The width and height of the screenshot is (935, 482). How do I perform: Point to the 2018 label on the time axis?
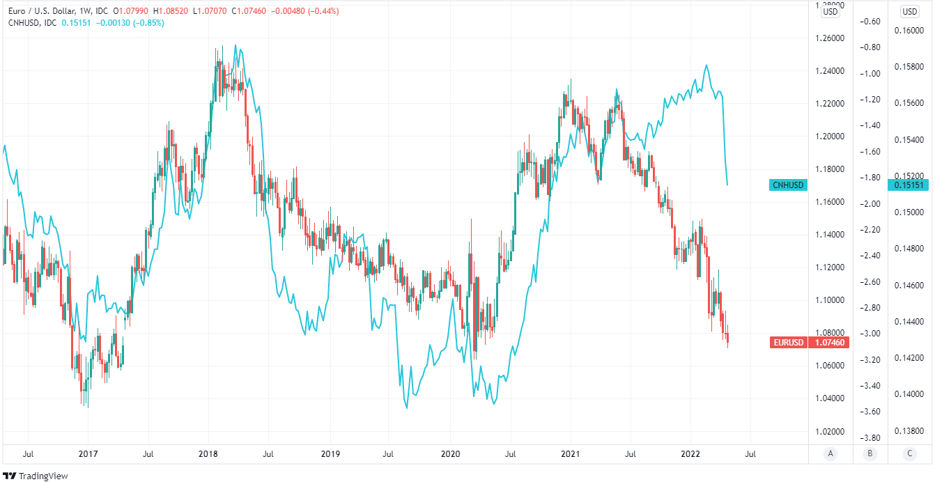[208, 454]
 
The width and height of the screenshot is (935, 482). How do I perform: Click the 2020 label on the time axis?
[450, 454]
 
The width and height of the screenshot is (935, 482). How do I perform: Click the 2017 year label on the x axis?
[88, 454]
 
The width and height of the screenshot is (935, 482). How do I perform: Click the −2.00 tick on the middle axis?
[870, 203]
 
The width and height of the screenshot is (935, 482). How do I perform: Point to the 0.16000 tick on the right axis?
[910, 30]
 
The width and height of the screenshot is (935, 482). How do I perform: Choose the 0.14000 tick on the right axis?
[910, 394]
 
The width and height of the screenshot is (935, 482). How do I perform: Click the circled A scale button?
[830, 454]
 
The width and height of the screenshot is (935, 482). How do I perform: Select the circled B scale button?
[870, 454]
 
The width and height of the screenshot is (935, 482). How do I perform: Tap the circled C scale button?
[909, 454]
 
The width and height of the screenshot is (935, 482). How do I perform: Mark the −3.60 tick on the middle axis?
[870, 412]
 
